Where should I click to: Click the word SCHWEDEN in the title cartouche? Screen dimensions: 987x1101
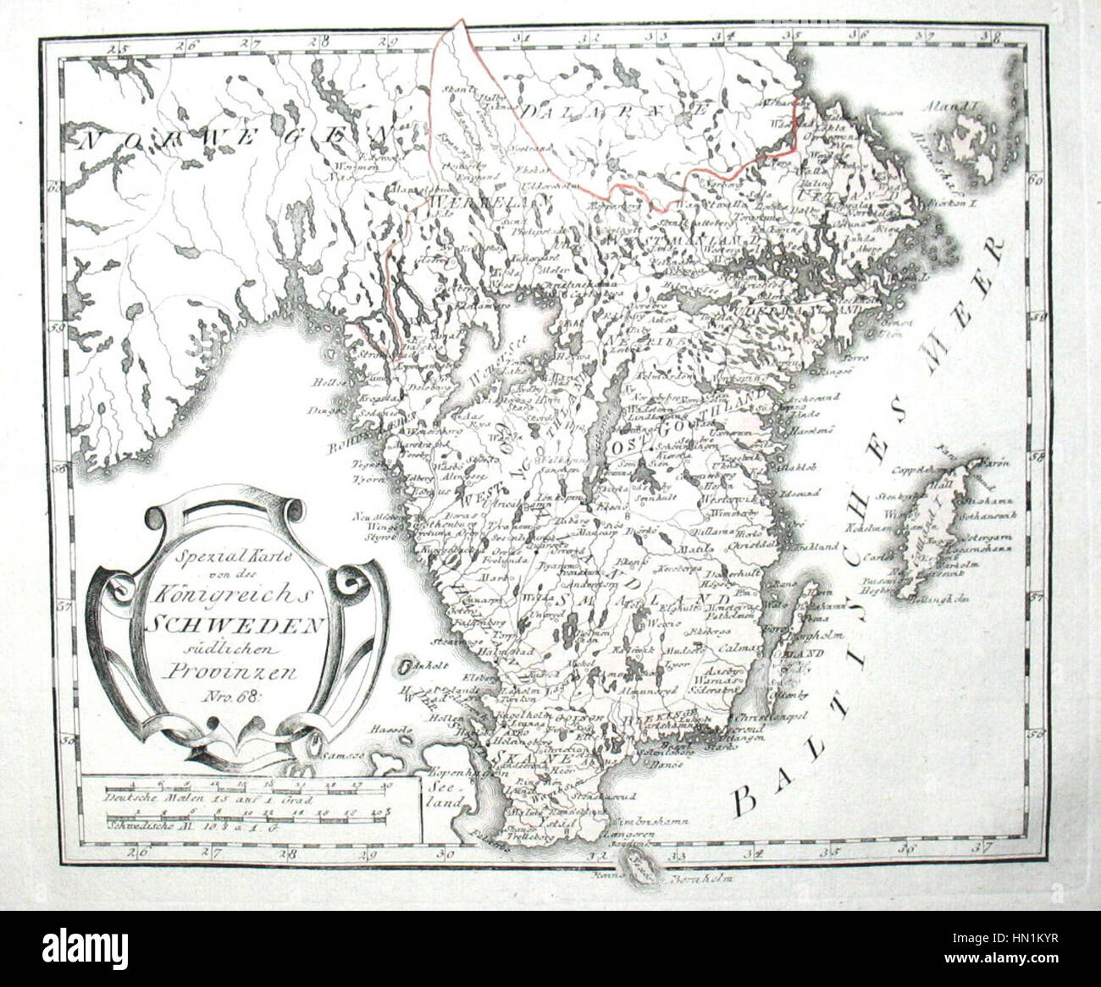point(236,625)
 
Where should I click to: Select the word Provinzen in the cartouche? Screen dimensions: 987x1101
point(236,674)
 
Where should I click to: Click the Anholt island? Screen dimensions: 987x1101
point(407,666)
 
